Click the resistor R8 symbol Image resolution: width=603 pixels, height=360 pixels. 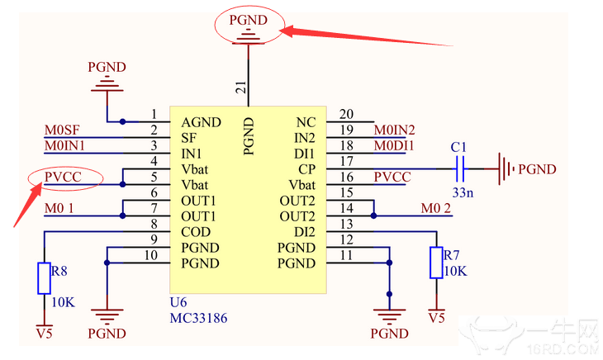pyautogui.click(x=45, y=278)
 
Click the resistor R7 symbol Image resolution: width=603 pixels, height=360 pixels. pyautogui.click(x=436, y=263)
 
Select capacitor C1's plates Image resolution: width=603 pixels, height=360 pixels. pyautogui.click(x=460, y=168)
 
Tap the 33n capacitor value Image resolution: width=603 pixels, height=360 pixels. pyautogui.click(x=463, y=192)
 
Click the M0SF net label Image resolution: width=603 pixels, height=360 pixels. pyautogui.click(x=62, y=130)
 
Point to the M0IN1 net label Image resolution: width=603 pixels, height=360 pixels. pyautogui.click(x=64, y=146)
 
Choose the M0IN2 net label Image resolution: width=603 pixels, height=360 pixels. pyautogui.click(x=395, y=130)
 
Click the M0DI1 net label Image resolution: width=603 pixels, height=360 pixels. pyautogui.click(x=394, y=146)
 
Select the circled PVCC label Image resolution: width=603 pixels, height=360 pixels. pyautogui.click(x=63, y=178)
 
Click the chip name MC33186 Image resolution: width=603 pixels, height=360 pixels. pyautogui.click(x=198, y=318)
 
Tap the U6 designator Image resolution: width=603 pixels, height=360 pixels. pyautogui.click(x=178, y=302)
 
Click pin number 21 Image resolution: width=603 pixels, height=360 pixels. pyautogui.click(x=241, y=88)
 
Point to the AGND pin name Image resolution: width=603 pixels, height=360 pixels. pyautogui.click(x=201, y=122)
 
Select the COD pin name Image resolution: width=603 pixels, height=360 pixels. pyautogui.click(x=196, y=232)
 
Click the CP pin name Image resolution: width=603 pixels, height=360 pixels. pyautogui.click(x=306, y=169)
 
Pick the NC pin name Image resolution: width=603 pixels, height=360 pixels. pyautogui.click(x=306, y=122)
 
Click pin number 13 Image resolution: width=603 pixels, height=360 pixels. pyautogui.click(x=346, y=224)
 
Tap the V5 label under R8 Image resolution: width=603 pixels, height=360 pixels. pyautogui.click(x=45, y=333)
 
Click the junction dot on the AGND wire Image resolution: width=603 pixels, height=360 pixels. pyautogui.click(x=122, y=122)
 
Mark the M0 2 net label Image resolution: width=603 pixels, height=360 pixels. pyautogui.click(x=435, y=208)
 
